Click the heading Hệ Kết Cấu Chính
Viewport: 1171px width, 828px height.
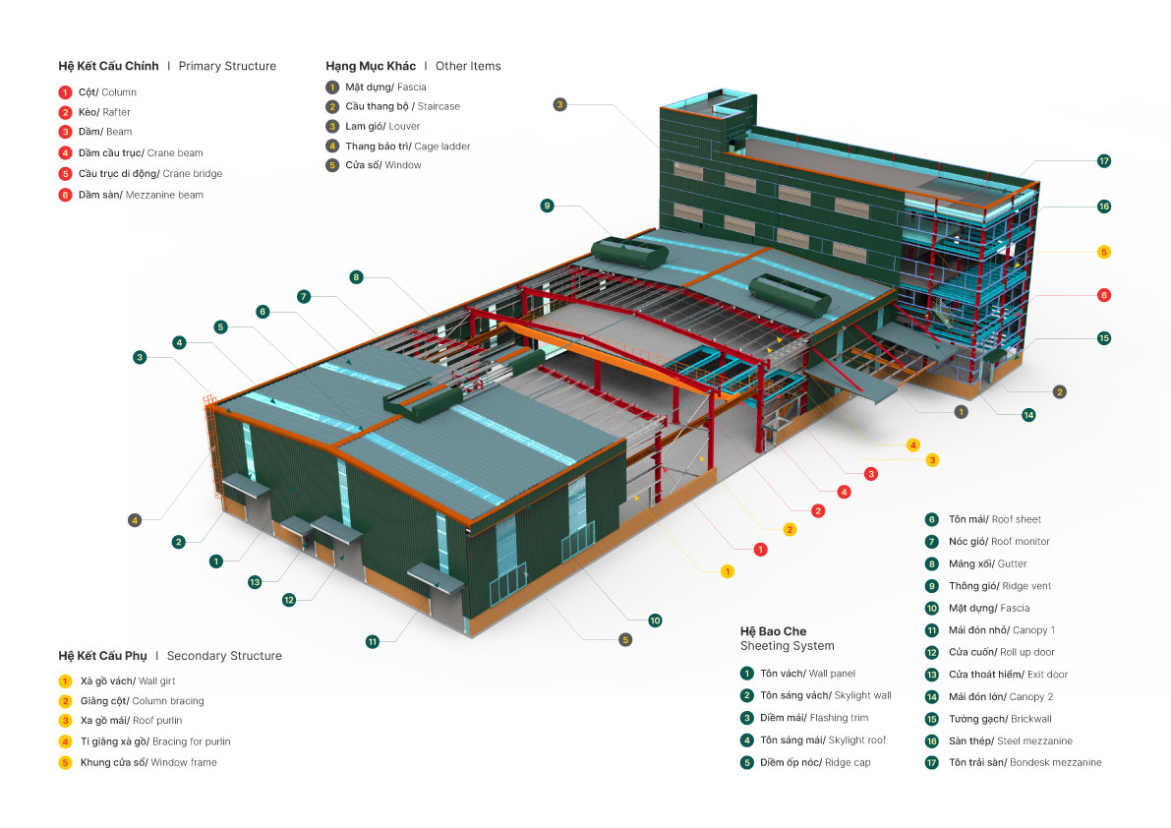108,67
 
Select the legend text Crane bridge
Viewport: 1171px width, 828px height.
193,174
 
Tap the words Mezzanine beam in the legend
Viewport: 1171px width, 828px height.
164,195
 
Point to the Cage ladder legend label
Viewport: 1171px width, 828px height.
441,147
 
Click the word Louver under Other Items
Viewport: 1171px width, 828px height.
403,126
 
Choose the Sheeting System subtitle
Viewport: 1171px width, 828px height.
787,646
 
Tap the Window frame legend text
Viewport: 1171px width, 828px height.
184,762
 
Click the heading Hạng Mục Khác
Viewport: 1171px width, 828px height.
371,67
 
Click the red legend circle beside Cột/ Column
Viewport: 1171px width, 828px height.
65,91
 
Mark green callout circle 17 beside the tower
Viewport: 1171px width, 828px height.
1103,161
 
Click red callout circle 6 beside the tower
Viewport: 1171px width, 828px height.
1103,295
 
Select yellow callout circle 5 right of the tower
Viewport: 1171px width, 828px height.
1103,252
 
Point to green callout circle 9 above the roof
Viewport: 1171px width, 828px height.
547,206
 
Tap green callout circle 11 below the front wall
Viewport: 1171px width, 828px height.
373,641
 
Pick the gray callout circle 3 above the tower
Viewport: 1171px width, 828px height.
558,104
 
